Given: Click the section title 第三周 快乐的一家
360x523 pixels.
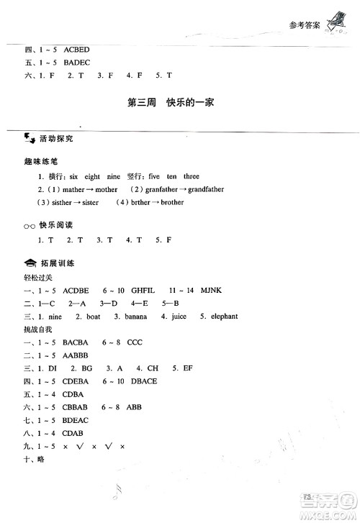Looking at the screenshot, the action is [x=171, y=103].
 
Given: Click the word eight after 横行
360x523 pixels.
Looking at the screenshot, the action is [x=93, y=176].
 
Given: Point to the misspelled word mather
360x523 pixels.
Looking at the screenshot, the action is [x=74, y=189].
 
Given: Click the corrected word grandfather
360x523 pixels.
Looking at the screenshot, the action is [x=204, y=189].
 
